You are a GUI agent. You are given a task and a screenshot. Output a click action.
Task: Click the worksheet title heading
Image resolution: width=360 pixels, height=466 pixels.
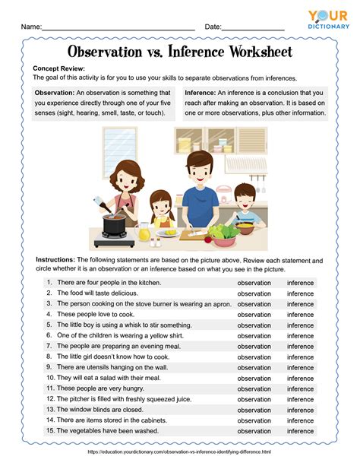179,52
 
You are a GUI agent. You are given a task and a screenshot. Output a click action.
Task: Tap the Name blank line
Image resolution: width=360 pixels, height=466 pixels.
118,27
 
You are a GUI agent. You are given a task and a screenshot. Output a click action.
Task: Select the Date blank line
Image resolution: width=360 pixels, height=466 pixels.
253,27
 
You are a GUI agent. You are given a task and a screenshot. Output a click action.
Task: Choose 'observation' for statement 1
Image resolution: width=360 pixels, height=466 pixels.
254,282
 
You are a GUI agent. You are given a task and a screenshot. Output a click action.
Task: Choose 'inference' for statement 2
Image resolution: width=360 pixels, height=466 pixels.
300,293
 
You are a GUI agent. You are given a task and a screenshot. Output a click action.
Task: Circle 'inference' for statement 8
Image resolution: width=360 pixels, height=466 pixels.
300,357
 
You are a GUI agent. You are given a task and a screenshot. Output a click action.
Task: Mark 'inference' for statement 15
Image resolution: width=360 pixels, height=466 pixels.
300,431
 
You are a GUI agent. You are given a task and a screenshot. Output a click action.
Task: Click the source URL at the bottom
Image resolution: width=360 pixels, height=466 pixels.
179,452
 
